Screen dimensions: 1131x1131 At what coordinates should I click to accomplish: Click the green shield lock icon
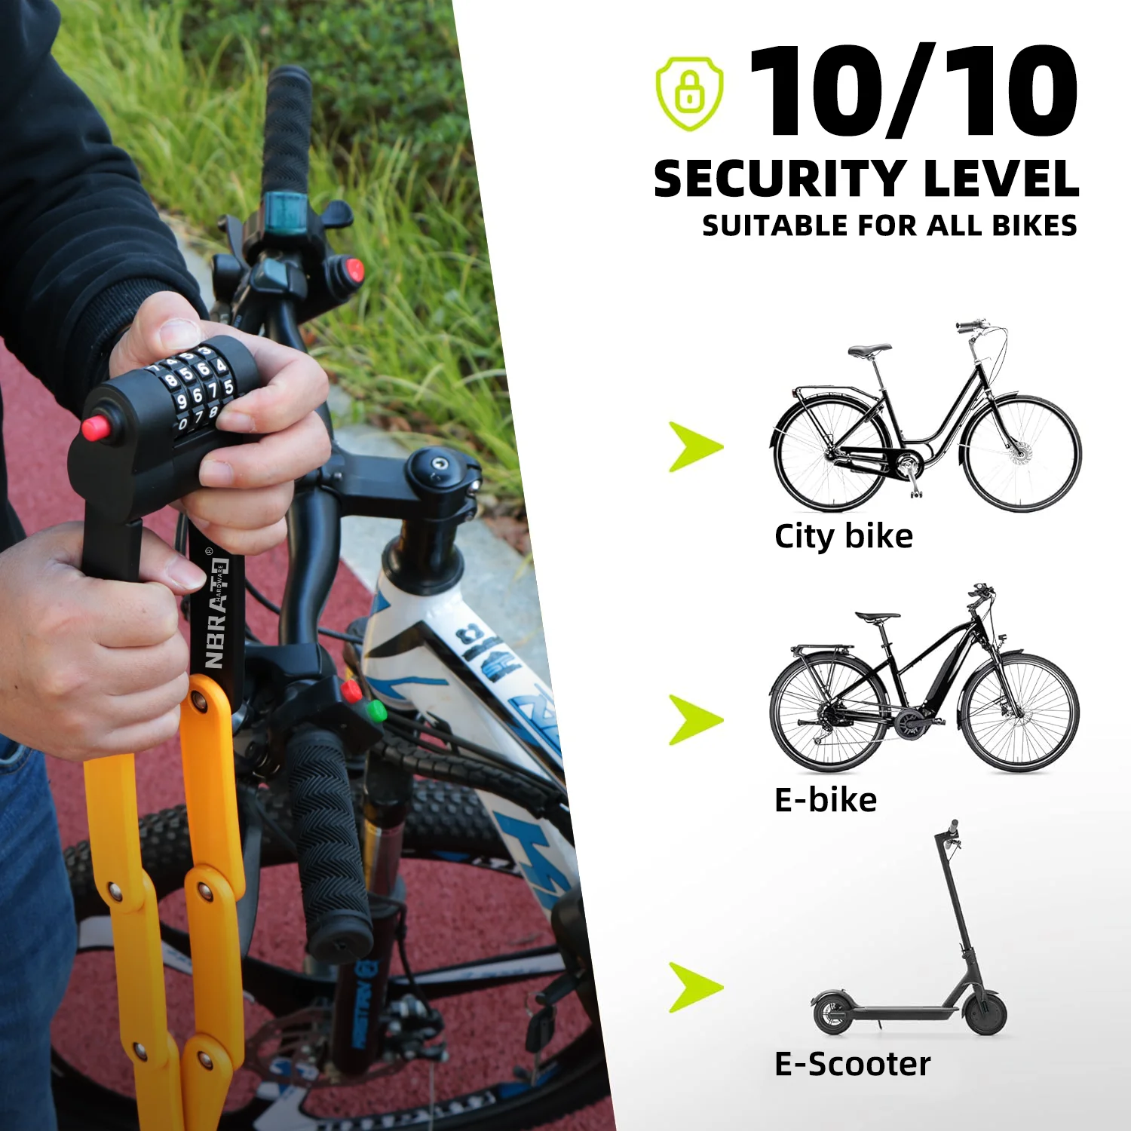(x=689, y=93)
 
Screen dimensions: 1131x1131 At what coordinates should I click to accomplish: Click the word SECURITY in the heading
(x=779, y=179)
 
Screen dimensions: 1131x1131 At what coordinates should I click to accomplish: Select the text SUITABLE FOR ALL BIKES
(x=889, y=225)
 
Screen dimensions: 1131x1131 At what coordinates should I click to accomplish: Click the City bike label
(x=843, y=537)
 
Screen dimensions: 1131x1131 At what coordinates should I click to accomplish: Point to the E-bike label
(x=825, y=800)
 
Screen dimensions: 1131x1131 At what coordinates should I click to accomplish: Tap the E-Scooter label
(x=852, y=1064)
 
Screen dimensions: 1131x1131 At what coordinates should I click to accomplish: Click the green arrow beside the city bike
(x=695, y=447)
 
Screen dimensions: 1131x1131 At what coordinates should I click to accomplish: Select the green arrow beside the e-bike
(x=695, y=719)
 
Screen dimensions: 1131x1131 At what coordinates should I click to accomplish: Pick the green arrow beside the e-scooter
(x=695, y=987)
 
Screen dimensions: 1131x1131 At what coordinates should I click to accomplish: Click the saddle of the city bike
(x=869, y=350)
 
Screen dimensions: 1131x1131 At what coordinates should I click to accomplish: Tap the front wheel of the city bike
(x=1022, y=454)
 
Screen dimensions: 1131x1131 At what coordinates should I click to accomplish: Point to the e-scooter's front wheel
(x=985, y=1013)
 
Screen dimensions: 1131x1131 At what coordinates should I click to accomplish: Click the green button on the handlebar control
(x=376, y=710)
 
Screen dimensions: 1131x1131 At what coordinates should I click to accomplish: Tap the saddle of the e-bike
(x=878, y=616)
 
